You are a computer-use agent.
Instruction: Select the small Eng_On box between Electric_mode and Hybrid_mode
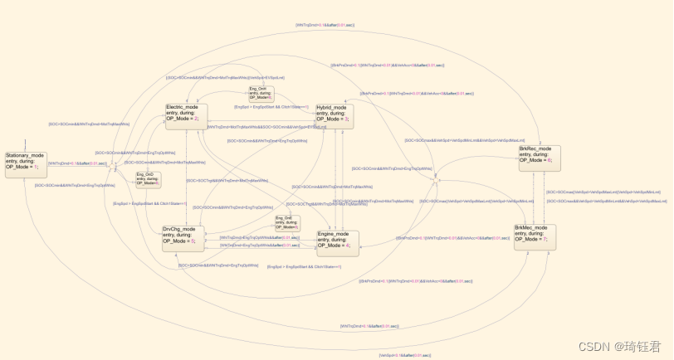click(261, 94)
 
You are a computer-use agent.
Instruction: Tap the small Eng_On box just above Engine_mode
click(287, 222)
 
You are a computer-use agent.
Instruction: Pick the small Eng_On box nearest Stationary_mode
click(148, 179)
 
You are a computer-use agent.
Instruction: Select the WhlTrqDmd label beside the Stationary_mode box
click(77, 163)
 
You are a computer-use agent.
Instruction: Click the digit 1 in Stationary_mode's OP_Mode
click(36, 168)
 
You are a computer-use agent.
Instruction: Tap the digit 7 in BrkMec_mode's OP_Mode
click(545, 240)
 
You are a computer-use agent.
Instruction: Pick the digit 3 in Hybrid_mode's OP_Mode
click(346, 119)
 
